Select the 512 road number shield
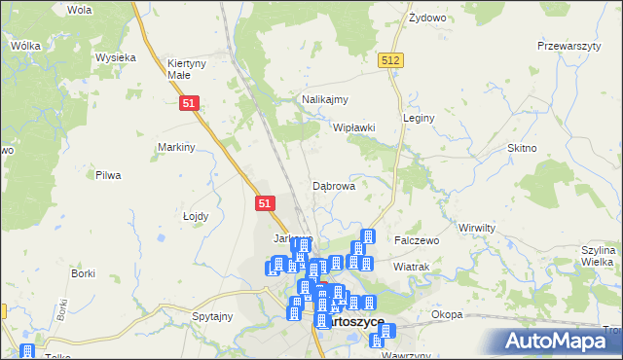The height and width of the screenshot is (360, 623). [391, 60]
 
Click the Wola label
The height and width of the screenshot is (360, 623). [80, 10]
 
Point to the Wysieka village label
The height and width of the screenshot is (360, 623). [115, 57]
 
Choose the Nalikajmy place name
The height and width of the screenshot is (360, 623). [325, 99]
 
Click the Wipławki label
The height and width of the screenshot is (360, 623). [354, 127]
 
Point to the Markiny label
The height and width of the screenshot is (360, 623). [177, 147]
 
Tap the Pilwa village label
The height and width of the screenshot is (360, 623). [107, 175]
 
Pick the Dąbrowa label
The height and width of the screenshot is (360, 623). [333, 185]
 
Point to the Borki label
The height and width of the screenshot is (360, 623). [83, 273]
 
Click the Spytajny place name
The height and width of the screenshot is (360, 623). [212, 316]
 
